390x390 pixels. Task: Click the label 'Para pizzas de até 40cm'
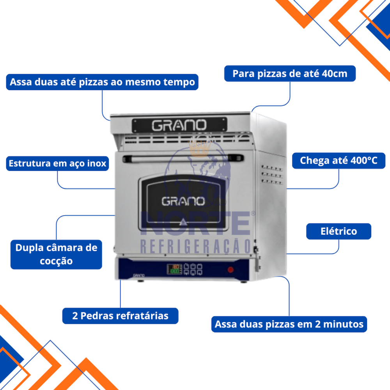(x=290, y=74)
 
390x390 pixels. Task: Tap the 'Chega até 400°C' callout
(x=339, y=161)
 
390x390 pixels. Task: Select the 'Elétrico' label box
(x=339, y=231)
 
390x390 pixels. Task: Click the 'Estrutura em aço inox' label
(x=57, y=163)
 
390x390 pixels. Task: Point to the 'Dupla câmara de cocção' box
(x=56, y=254)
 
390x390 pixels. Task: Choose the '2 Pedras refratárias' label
(x=120, y=316)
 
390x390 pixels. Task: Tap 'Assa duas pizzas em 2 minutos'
(x=289, y=324)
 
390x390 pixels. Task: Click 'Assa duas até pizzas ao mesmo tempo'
(x=102, y=82)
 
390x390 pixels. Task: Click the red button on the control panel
(x=230, y=269)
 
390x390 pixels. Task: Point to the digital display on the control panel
(x=174, y=269)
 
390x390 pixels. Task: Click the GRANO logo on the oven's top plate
(x=179, y=125)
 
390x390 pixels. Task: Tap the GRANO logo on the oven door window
(x=183, y=201)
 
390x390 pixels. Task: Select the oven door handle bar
(x=183, y=158)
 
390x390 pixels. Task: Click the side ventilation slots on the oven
(x=271, y=175)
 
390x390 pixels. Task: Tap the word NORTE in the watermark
(x=195, y=223)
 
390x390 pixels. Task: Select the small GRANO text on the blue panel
(x=139, y=275)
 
